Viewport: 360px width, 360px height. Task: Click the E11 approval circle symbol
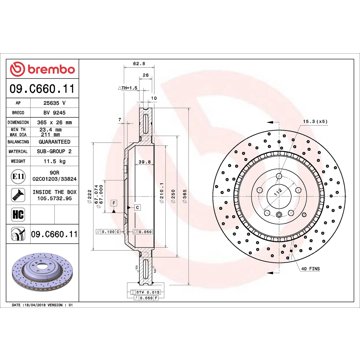coord(18,175)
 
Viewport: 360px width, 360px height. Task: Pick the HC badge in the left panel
coord(18,214)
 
